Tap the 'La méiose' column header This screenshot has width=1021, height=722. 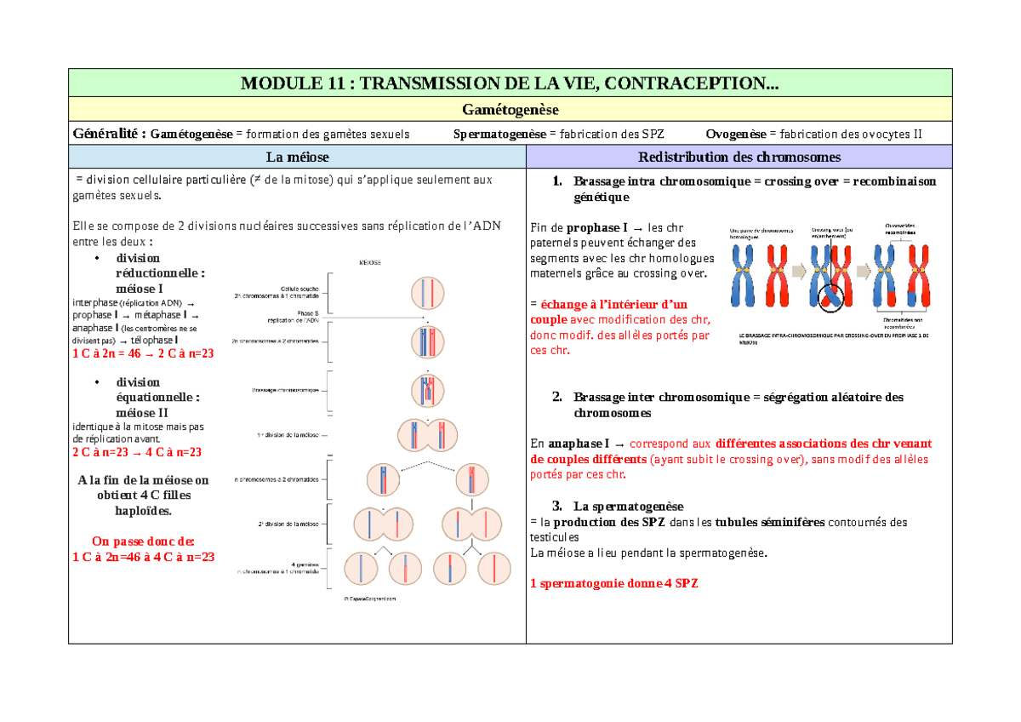point(297,157)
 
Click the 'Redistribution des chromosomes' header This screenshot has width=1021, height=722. point(739,157)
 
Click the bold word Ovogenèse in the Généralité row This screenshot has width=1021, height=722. point(736,134)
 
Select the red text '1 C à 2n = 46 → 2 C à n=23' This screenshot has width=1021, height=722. point(143,354)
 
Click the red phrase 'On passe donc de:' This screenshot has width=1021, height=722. point(143,541)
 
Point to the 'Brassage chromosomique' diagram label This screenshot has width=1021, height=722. point(285,390)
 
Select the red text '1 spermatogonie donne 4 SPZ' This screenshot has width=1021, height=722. point(613,583)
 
